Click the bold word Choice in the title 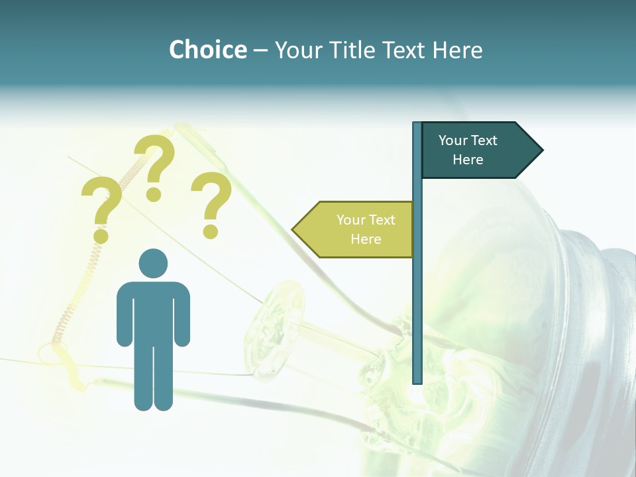pyautogui.click(x=207, y=50)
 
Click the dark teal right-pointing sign pyautogui.click(x=477, y=150)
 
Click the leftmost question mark pyautogui.click(x=101, y=205)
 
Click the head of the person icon pyautogui.click(x=153, y=264)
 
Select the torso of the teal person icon pyautogui.click(x=153, y=311)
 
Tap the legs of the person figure pyautogui.click(x=153, y=378)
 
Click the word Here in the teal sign pyautogui.click(x=468, y=160)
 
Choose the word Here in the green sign pyautogui.click(x=366, y=239)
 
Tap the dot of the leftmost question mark pyautogui.click(x=101, y=235)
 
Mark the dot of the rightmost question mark pyautogui.click(x=211, y=231)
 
